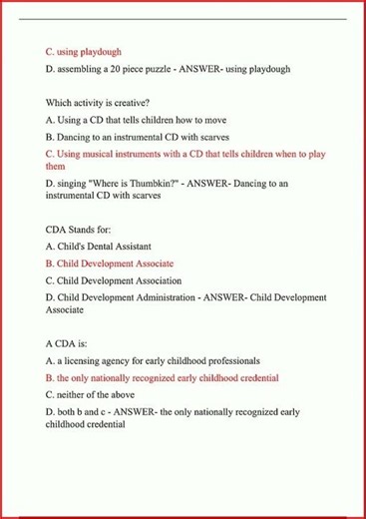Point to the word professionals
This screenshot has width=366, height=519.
click(227, 360)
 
